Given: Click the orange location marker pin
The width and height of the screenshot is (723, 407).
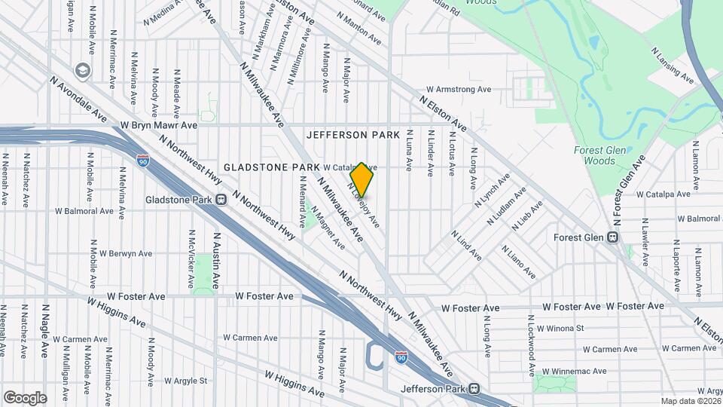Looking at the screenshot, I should [362, 179].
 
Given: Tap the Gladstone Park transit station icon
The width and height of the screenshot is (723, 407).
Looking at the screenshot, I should [221, 200].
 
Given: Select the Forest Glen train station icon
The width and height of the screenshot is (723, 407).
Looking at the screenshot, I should [613, 237].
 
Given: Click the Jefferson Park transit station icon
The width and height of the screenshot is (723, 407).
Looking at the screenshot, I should [473, 389].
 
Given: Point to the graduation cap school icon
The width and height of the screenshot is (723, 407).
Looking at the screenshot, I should [81, 70].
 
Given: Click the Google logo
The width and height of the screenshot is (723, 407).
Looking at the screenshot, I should [25, 397].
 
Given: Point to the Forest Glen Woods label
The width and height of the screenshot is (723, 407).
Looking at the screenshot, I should [599, 155].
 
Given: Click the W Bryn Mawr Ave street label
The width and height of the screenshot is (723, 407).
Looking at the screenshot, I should [158, 124].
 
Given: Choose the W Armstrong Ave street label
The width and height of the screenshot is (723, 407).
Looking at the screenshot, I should [458, 89].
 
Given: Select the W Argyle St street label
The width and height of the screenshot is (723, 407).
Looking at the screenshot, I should [185, 381].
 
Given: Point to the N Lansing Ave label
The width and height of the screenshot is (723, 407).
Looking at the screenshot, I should [673, 68].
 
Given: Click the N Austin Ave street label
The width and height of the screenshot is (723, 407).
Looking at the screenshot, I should [215, 261].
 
